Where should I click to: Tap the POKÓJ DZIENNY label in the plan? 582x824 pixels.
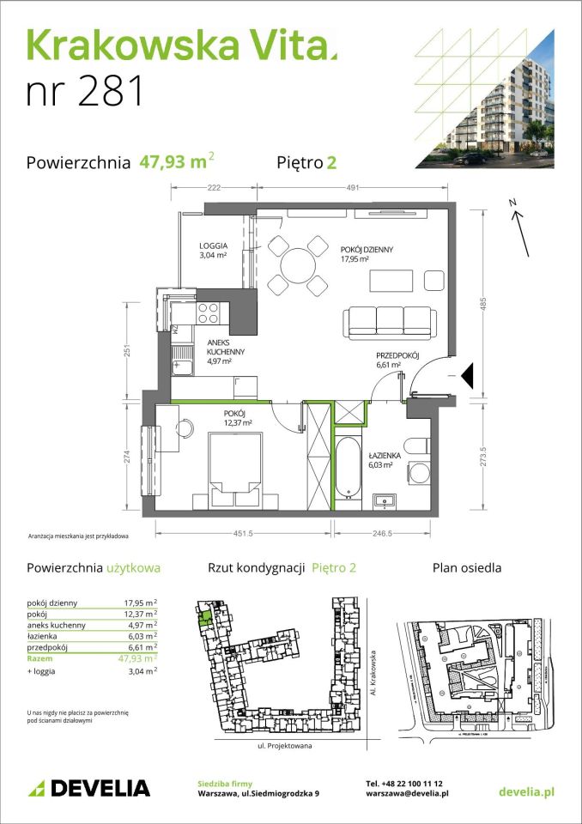[367, 250]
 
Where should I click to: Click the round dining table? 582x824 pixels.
[294, 265]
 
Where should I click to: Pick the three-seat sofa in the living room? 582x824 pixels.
[389, 320]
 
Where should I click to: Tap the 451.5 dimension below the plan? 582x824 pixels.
[242, 532]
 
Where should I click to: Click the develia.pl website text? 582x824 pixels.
[525, 789]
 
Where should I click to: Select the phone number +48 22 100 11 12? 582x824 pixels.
[403, 784]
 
